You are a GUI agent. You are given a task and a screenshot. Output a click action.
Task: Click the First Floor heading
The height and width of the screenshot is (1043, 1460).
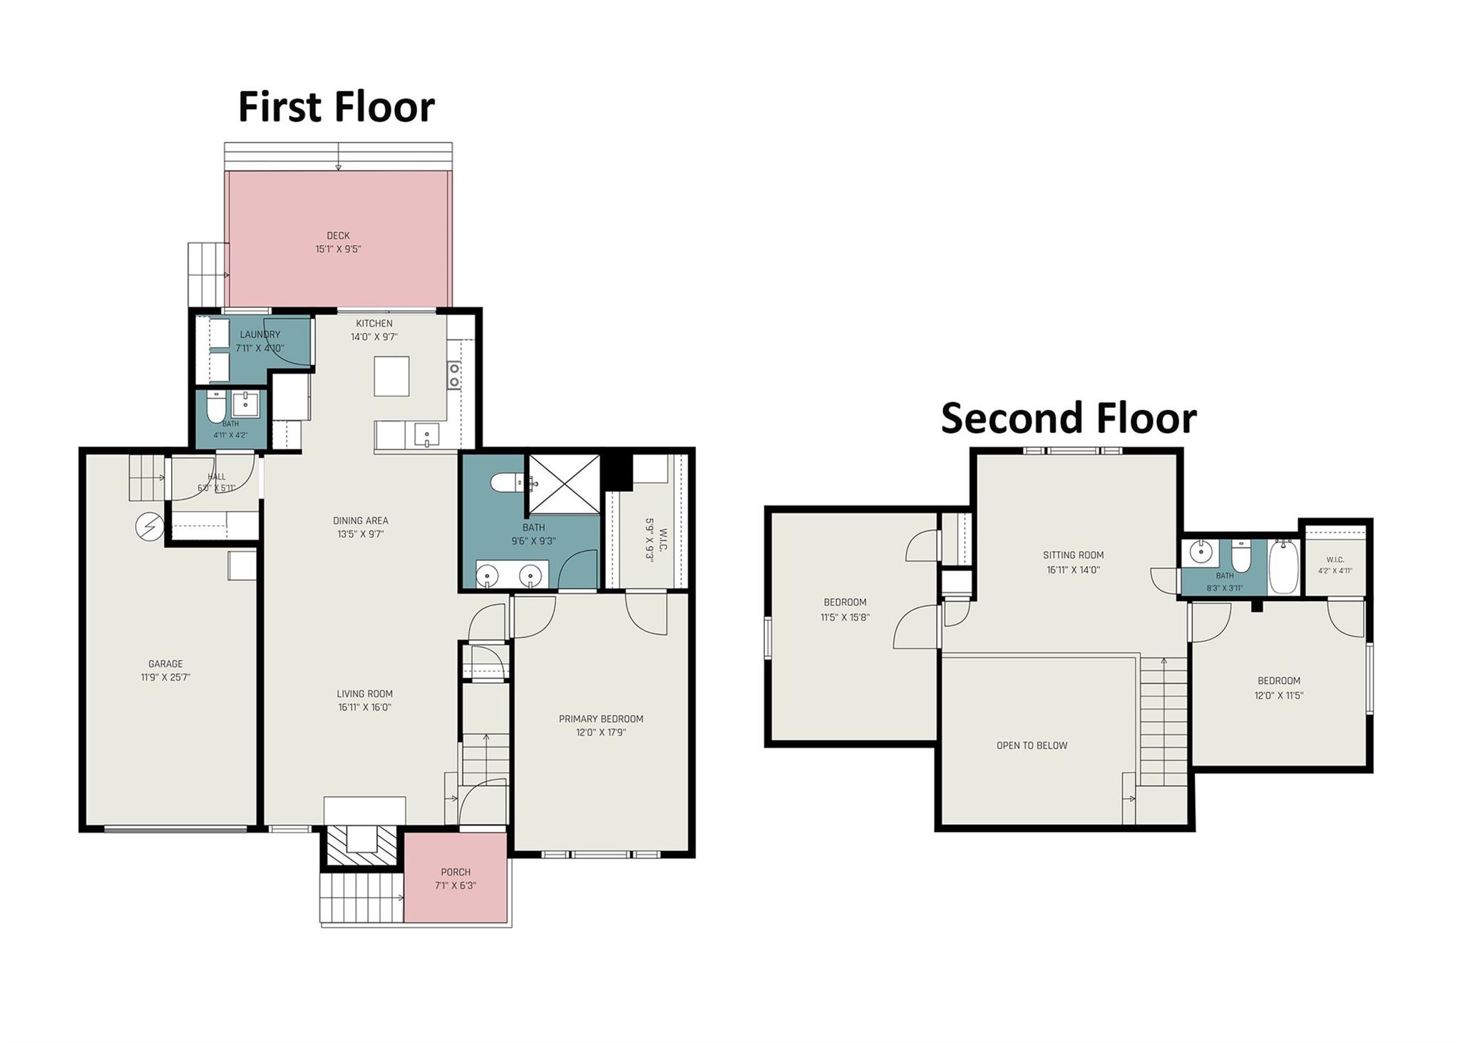[336, 108]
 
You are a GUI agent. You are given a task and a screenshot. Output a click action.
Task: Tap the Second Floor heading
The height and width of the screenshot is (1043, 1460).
[1069, 418]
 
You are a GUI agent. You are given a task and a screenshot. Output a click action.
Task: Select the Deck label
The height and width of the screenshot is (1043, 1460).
[338, 235]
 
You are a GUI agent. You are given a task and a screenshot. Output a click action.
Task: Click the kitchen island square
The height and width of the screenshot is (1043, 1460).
[392, 376]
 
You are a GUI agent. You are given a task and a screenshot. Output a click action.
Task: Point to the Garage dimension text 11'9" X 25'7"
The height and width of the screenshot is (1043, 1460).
[165, 677]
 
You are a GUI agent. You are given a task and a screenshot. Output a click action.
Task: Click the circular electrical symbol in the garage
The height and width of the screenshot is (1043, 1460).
[150, 528]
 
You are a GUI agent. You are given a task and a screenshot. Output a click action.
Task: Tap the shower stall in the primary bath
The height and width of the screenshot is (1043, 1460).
[564, 483]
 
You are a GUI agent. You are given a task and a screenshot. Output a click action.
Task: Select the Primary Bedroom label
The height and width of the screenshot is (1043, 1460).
[601, 719]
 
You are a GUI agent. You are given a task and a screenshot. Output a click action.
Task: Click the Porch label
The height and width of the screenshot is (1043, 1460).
[456, 872]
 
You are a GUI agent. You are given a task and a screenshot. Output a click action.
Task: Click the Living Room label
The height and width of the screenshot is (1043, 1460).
[365, 694]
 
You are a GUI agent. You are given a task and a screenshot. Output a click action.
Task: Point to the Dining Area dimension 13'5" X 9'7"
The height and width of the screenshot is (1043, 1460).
[361, 534]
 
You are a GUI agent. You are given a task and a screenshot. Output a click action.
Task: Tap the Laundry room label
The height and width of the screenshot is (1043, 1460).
[260, 334]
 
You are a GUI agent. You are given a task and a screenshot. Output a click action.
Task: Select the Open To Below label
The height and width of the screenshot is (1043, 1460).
[1032, 746]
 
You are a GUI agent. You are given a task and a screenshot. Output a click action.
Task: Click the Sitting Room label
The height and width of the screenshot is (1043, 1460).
[1073, 555]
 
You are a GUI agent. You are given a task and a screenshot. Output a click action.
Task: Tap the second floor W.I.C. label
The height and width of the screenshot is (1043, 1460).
[1335, 560]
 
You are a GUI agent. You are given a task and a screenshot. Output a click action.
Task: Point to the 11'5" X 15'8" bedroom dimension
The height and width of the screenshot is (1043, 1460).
[845, 617]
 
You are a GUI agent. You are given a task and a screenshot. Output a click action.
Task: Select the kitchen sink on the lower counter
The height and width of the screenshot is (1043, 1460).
[426, 434]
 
